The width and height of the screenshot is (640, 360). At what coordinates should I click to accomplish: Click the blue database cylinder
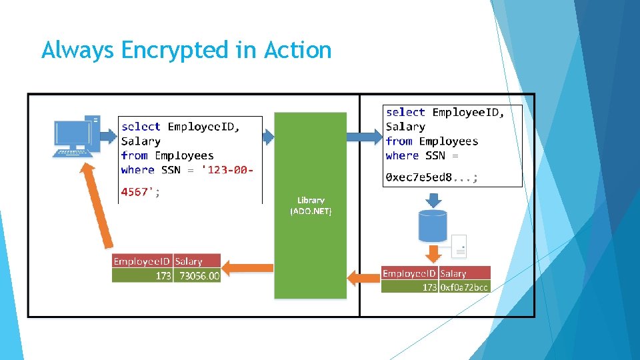433,225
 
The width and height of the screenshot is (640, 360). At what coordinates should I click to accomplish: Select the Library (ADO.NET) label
311,205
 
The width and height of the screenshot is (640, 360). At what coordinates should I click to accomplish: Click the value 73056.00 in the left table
196,275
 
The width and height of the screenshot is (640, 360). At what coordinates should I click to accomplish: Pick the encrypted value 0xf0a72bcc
464,287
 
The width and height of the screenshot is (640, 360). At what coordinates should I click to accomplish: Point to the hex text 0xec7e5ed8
419,177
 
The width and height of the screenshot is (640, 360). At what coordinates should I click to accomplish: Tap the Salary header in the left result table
189,261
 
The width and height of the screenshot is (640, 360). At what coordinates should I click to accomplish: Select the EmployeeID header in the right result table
409,273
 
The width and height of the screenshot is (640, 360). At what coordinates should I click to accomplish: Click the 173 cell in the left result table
163,275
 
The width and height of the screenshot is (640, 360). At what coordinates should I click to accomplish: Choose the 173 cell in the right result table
429,287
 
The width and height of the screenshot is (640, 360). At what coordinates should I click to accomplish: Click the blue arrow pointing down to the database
433,198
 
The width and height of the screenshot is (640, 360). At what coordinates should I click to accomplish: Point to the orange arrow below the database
433,253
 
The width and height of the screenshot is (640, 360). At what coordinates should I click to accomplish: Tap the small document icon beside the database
459,246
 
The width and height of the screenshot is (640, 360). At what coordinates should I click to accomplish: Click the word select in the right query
405,112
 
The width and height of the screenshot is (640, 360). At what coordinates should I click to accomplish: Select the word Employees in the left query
184,155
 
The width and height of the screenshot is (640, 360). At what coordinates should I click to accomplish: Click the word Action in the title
297,50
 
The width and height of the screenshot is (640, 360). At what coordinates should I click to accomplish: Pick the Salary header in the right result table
453,273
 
